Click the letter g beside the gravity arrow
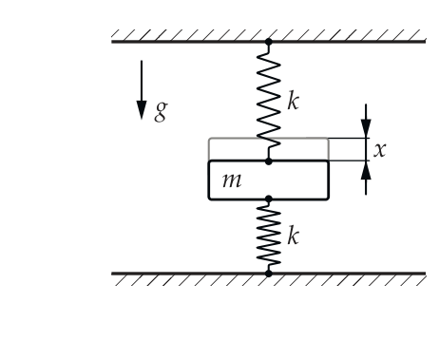pyautogui.click(x=161, y=112)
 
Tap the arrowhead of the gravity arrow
pyautogui.click(x=142, y=110)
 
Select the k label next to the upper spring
pyautogui.click(x=293, y=101)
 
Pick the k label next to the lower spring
pyautogui.click(x=293, y=236)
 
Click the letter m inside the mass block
pyautogui.click(x=232, y=180)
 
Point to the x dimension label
pyautogui.click(x=380, y=149)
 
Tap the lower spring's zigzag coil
pyautogui.click(x=269, y=236)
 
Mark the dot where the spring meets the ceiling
pyautogui.click(x=269, y=42)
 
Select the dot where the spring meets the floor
pyautogui.click(x=269, y=274)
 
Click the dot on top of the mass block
pyautogui.click(x=269, y=161)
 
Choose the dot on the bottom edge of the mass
pyautogui.click(x=269, y=199)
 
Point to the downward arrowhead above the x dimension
pyautogui.click(x=366, y=128)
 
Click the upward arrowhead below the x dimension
pyautogui.click(x=366, y=171)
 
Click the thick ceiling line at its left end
pyautogui.click(x=112, y=42)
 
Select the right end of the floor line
pyautogui.click(x=425, y=274)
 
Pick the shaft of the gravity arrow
pyautogui.click(x=142, y=81)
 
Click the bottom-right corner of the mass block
pyautogui.click(x=329, y=199)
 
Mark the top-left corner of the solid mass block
pyautogui.click(x=209, y=161)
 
